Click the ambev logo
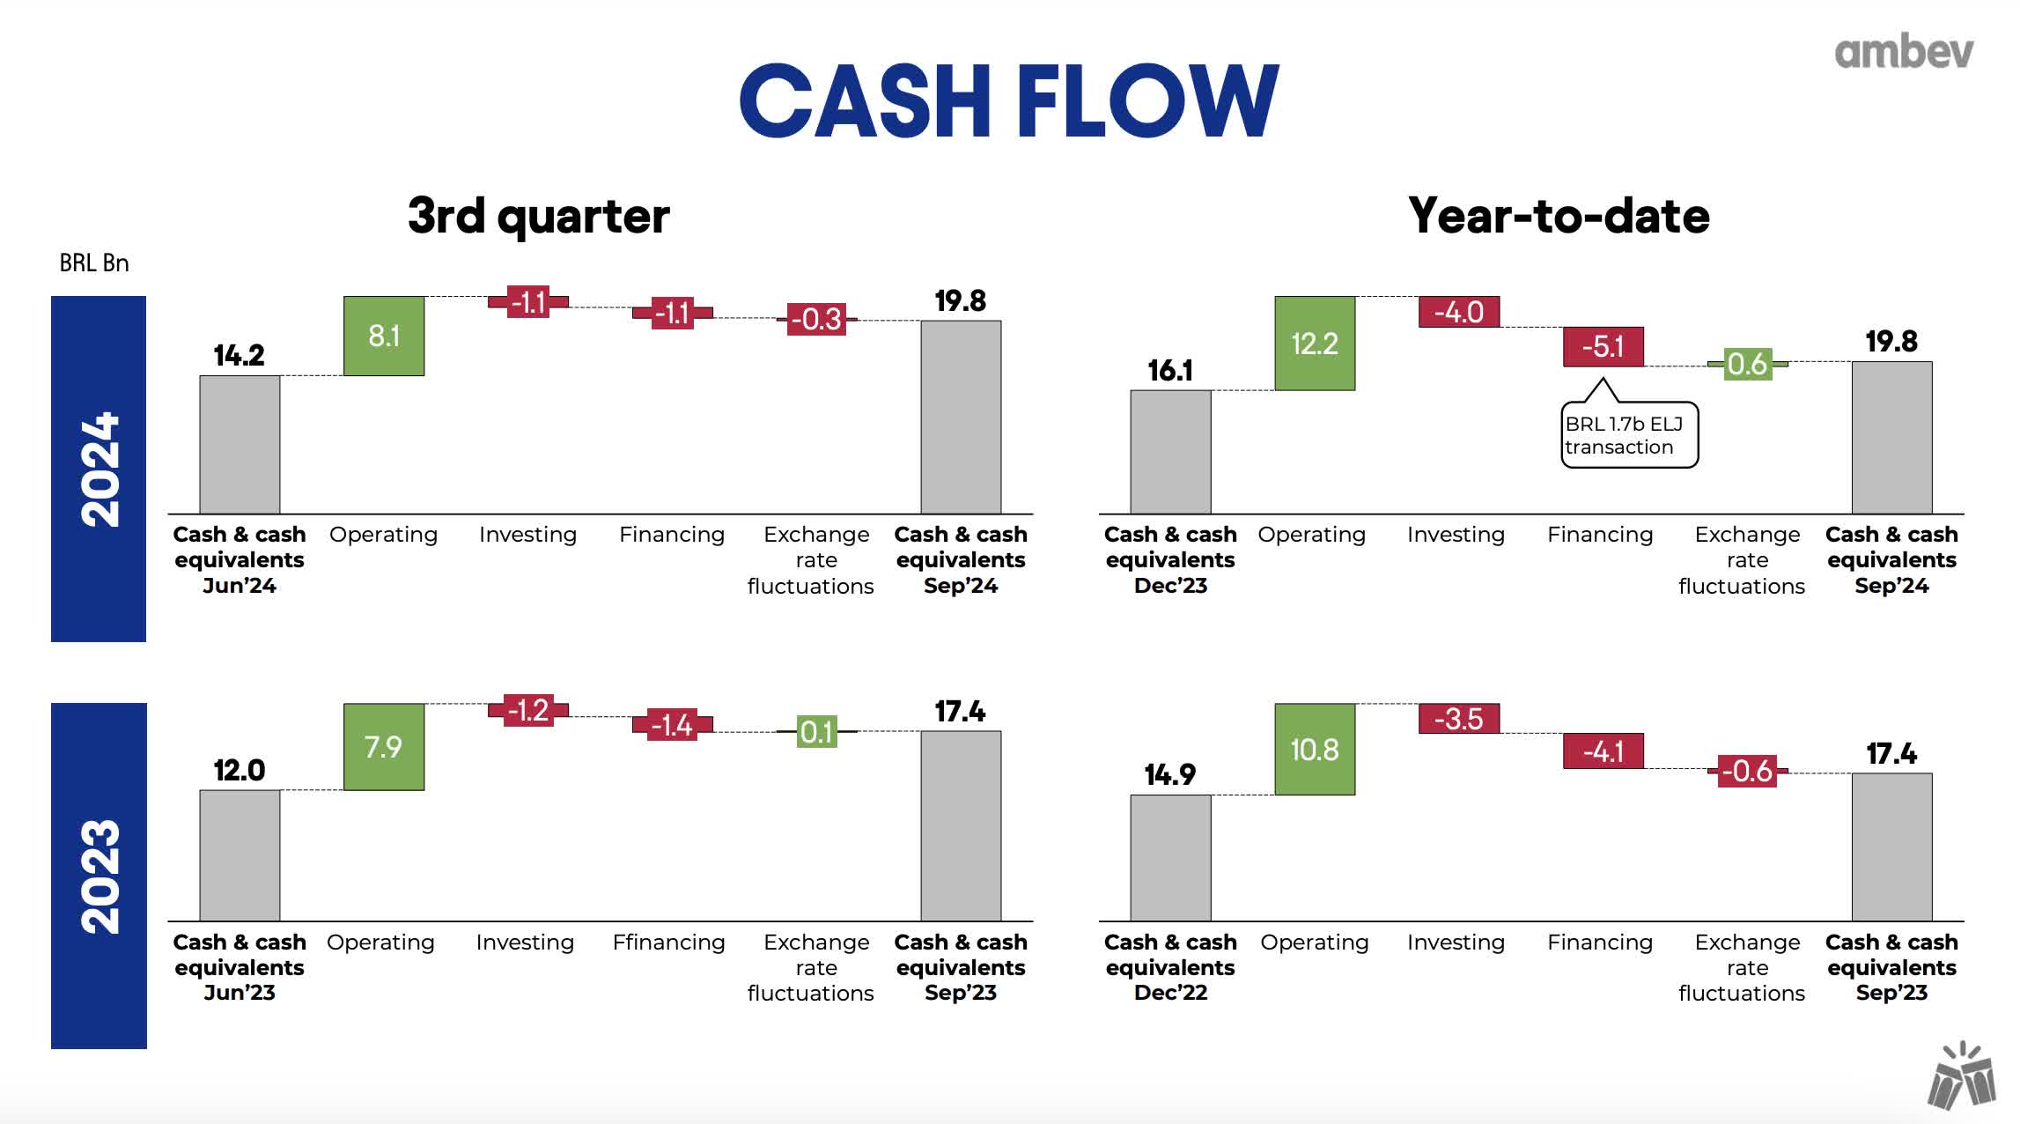pyautogui.click(x=1903, y=52)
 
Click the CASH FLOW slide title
pyautogui.click(x=1009, y=100)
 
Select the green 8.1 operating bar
pyautogui.click(x=384, y=336)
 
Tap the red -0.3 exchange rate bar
pyautogui.click(x=816, y=319)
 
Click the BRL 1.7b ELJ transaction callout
pyautogui.click(x=1628, y=435)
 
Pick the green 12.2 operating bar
pyautogui.click(x=1314, y=343)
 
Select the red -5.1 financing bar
pyautogui.click(x=1602, y=346)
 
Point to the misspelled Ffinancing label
pyautogui.click(x=669, y=942)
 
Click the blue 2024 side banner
pyautogui.click(x=99, y=469)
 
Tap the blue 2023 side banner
pyautogui.click(x=99, y=875)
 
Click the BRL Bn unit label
pyautogui.click(x=94, y=263)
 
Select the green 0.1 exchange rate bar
pyautogui.click(x=816, y=731)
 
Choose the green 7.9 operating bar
pyautogui.click(x=384, y=746)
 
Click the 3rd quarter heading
pyautogui.click(x=538, y=216)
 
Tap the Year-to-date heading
pyautogui.click(x=1558, y=216)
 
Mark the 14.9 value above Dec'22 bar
pyautogui.click(x=1169, y=774)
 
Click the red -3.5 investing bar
pyautogui.click(x=1458, y=719)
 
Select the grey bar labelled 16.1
pyautogui.click(x=1169, y=451)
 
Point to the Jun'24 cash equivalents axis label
pyautogui.click(x=240, y=559)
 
